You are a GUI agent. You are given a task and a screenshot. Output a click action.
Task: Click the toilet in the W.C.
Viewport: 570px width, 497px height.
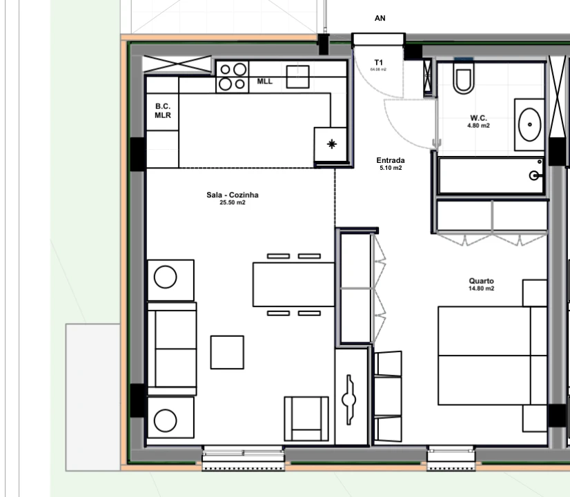pyautogui.click(x=463, y=77)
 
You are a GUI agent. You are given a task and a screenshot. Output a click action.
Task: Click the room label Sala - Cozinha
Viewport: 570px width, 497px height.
pyautogui.click(x=233, y=195)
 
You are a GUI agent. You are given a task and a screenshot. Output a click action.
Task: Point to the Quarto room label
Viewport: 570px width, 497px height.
pyautogui.click(x=481, y=281)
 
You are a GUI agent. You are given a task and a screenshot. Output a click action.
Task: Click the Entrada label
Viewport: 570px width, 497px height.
pyautogui.click(x=390, y=161)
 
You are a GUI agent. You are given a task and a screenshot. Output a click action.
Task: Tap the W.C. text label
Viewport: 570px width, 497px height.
pyautogui.click(x=478, y=118)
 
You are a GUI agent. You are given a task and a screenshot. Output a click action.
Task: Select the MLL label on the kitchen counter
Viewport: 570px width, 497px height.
pyautogui.click(x=265, y=81)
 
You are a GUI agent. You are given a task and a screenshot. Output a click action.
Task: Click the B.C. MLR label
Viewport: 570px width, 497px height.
pyautogui.click(x=162, y=110)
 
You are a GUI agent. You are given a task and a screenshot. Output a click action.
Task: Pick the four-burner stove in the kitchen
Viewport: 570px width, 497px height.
pyautogui.click(x=233, y=77)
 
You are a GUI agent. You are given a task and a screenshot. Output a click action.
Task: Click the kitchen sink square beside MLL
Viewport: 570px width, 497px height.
pyautogui.click(x=297, y=77)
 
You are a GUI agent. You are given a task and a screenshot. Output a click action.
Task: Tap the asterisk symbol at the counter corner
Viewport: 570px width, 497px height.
pyautogui.click(x=332, y=144)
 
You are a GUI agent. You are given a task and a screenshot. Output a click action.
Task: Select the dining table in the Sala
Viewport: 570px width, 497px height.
pyautogui.click(x=293, y=284)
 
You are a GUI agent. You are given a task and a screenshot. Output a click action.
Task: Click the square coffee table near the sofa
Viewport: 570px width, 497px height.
pyautogui.click(x=227, y=352)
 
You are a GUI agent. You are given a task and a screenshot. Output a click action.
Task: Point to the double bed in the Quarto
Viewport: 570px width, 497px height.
pyautogui.click(x=484, y=355)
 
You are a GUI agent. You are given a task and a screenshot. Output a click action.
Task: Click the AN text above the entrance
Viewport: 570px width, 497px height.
pyautogui.click(x=380, y=18)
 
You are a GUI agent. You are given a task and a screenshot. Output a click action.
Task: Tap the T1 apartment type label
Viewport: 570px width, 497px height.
pyautogui.click(x=378, y=62)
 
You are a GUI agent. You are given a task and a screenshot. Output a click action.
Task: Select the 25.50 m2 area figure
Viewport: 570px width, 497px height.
pyautogui.click(x=233, y=202)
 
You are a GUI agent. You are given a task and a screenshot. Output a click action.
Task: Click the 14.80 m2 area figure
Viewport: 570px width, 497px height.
pyautogui.click(x=481, y=289)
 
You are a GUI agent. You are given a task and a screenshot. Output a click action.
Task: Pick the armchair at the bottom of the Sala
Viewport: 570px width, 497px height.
pyautogui.click(x=306, y=418)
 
